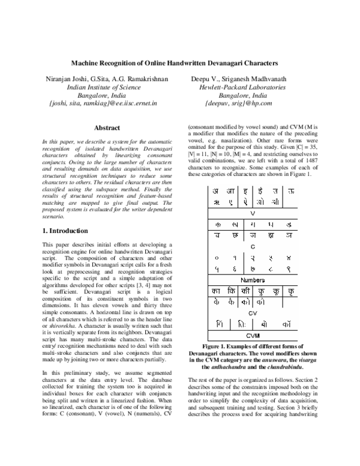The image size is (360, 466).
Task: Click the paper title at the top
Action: pos(175,62)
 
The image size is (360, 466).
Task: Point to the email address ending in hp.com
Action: pos(239,103)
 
